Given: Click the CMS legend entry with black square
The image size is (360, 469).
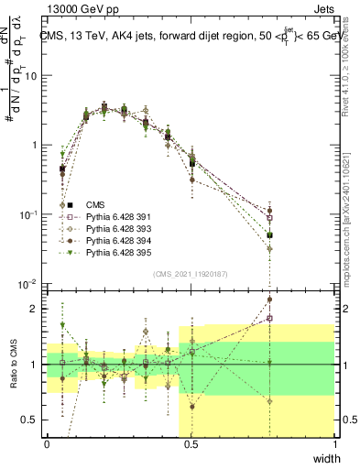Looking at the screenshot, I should [96, 204].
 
